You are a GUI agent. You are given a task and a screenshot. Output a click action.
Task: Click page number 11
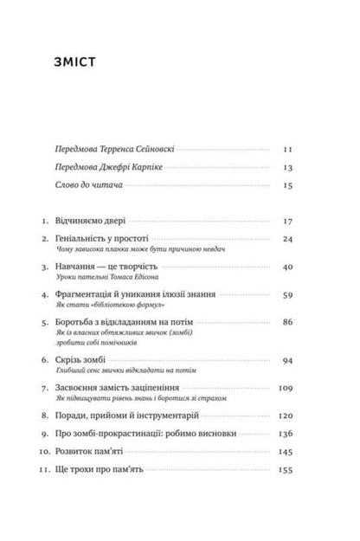[288, 149]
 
